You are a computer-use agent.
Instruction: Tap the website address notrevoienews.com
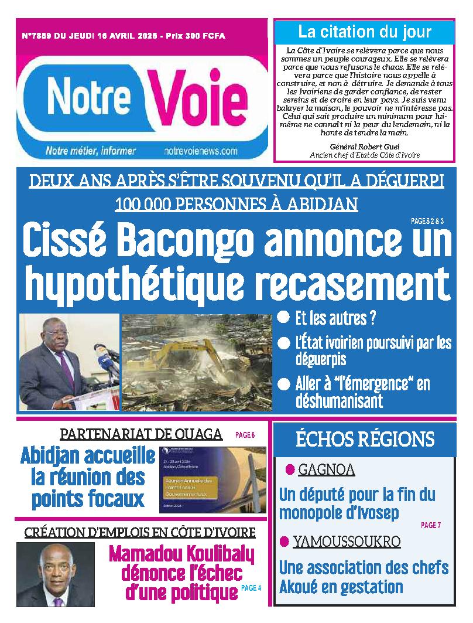[x=201, y=151]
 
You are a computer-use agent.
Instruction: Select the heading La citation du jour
[x=364, y=32]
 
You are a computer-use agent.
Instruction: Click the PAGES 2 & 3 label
[x=427, y=222]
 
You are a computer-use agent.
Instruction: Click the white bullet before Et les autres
[x=284, y=318]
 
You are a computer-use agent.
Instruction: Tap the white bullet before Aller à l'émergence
[x=284, y=384]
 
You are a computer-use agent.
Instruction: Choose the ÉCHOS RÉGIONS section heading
[x=365, y=439]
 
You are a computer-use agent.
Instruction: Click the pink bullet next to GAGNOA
[x=289, y=469]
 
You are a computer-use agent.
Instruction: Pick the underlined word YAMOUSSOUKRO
[x=347, y=541]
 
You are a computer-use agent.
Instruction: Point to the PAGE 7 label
[x=430, y=525]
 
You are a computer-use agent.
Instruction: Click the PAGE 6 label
[x=245, y=435]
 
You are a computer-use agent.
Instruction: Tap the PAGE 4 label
[x=251, y=588]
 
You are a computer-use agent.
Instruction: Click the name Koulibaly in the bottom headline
[x=214, y=554]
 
